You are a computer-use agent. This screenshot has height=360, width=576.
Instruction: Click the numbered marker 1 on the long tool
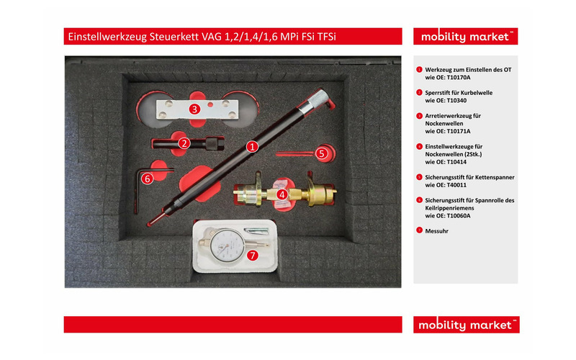point(252,145)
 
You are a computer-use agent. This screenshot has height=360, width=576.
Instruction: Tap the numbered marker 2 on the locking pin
point(184,143)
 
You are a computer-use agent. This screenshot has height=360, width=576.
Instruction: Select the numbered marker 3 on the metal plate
point(194,109)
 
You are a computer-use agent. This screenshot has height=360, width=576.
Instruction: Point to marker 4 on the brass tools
point(282,194)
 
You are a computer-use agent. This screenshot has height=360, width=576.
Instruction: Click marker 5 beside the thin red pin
point(322,153)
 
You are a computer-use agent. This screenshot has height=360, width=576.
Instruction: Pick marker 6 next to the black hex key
point(148,177)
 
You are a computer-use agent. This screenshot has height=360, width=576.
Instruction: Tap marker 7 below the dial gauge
point(252,255)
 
